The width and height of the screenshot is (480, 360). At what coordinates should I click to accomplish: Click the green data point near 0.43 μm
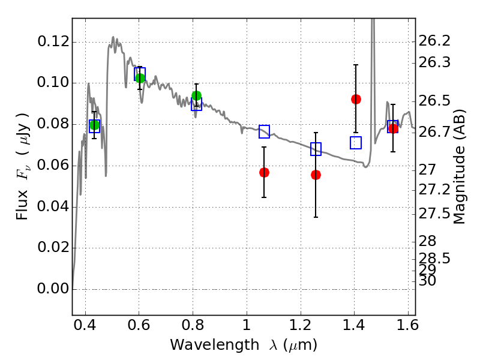coord(94,125)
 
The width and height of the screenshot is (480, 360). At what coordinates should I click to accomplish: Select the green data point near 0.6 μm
coord(140,78)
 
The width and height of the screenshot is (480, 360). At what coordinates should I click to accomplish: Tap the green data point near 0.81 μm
coord(196,95)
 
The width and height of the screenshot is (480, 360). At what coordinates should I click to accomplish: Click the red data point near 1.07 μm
coord(264,172)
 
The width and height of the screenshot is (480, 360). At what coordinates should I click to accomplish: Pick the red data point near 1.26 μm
coord(316,175)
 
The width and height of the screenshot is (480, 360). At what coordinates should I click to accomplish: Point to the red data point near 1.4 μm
coord(356,99)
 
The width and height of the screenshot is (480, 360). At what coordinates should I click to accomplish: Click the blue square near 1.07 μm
coord(264,131)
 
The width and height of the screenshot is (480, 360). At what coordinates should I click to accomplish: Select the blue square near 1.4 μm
coord(356,143)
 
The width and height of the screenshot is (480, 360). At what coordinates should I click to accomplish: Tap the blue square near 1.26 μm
coord(316,149)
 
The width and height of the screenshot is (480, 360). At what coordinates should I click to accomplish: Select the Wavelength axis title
coord(243,345)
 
